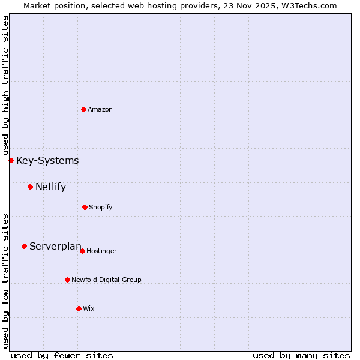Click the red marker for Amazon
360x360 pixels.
84,109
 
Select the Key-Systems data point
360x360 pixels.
11,160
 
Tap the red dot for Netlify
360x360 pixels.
30,187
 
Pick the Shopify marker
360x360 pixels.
85,207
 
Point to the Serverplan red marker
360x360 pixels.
24,246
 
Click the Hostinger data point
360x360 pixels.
82,251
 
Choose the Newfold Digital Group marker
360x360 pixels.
67,280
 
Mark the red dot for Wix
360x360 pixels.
79,308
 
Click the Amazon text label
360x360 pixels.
100,109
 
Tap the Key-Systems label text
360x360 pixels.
47,160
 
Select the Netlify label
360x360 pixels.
50,187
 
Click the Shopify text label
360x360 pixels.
101,207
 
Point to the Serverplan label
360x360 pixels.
55,246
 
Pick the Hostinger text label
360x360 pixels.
101,251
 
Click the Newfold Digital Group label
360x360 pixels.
106,280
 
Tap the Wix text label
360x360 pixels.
89,308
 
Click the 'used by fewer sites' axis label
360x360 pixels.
62,355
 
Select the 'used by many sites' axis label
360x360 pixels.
301,355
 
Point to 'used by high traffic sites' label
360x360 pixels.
5,86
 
